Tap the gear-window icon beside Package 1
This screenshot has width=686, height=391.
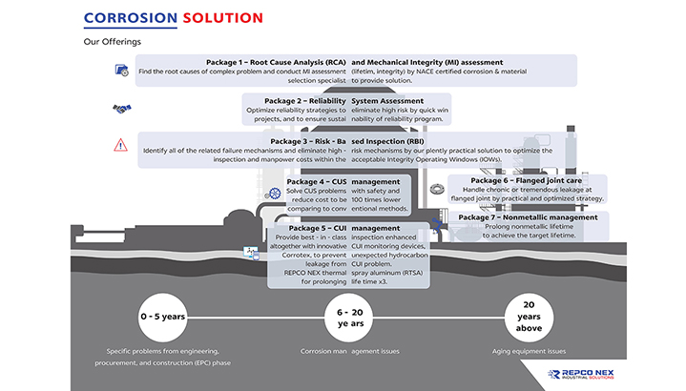121,71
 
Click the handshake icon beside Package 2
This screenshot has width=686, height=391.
121,109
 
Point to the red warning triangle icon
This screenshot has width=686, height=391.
121,145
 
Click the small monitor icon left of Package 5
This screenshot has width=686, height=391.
251,254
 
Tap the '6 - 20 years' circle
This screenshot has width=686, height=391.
343,315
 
